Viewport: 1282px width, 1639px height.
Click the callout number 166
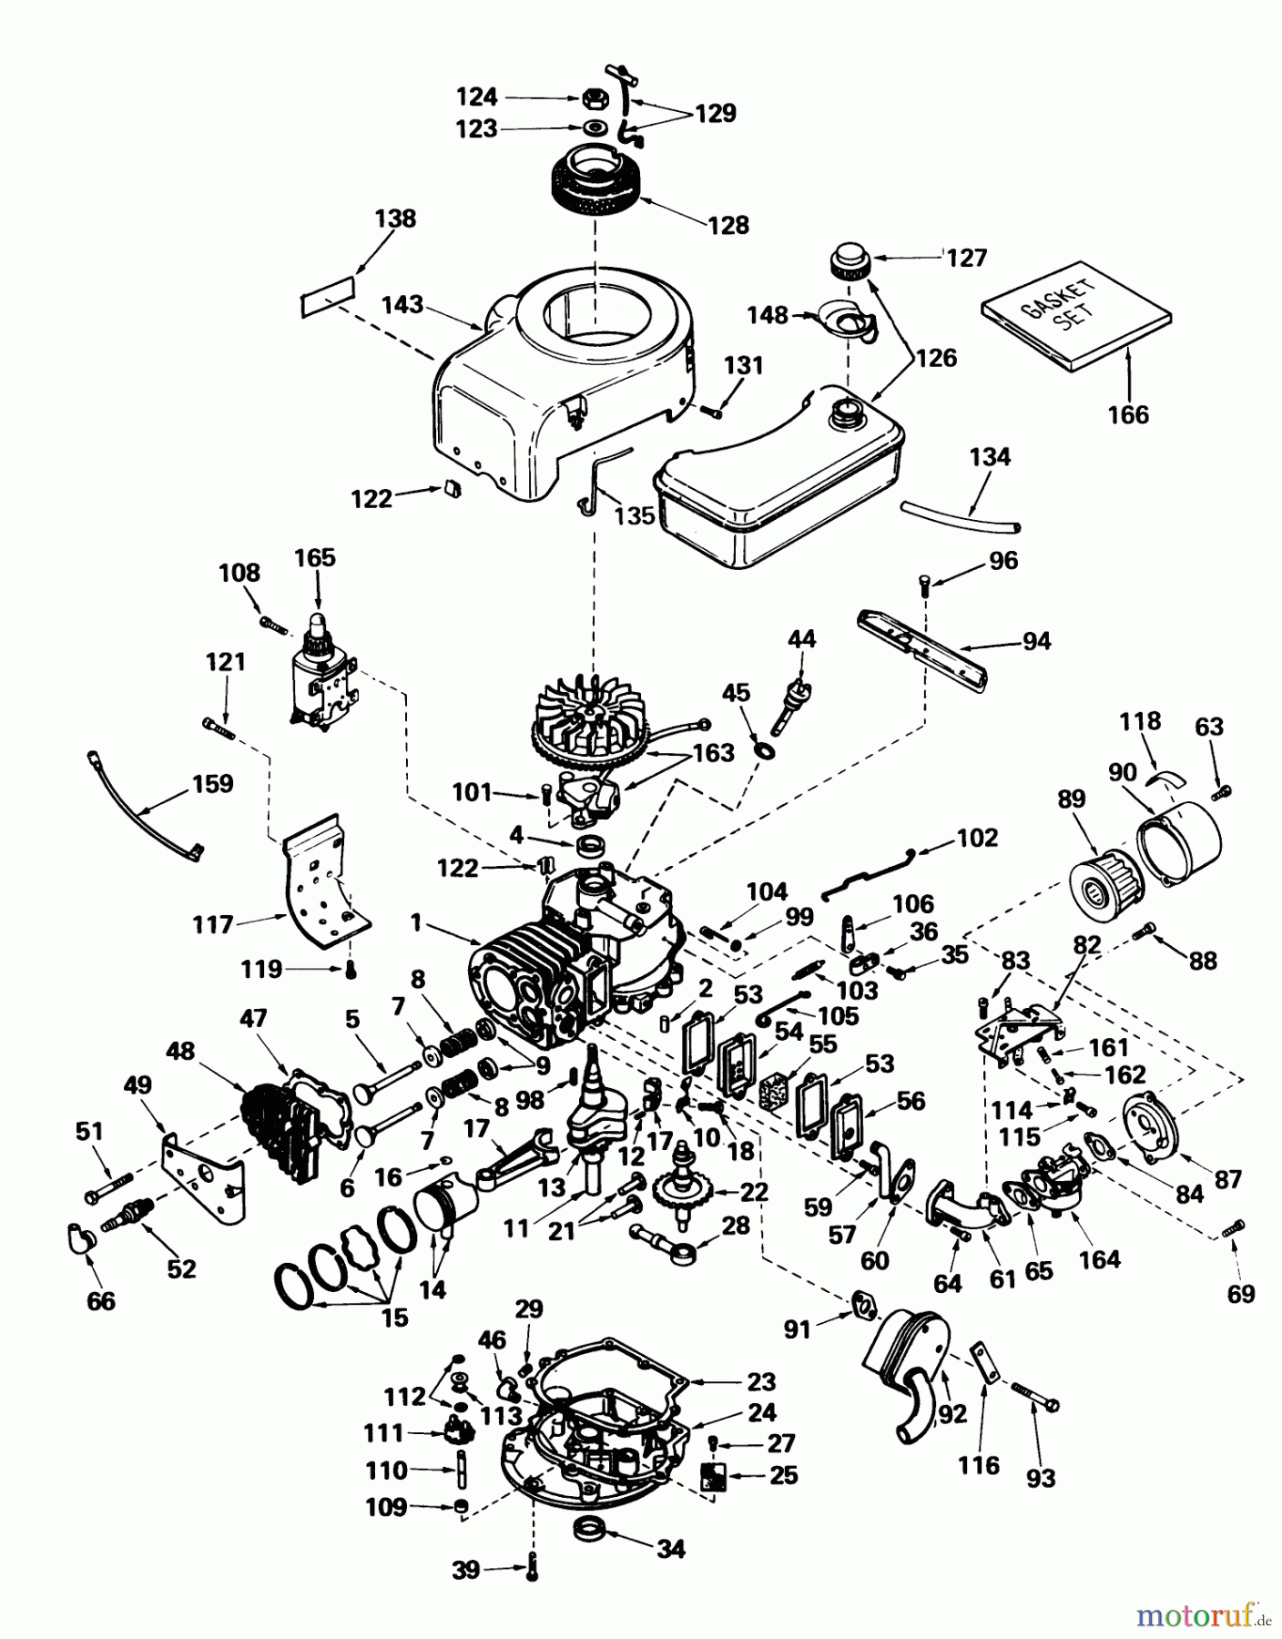pos(1128,414)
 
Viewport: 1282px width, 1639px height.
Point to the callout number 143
pos(402,304)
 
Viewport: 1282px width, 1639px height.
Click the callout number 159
pos(212,784)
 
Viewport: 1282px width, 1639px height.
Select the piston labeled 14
pos(446,1209)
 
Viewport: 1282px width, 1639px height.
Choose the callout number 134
pos(990,457)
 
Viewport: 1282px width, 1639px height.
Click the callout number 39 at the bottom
pos(466,1571)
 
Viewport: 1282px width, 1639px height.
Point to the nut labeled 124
pos(591,97)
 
